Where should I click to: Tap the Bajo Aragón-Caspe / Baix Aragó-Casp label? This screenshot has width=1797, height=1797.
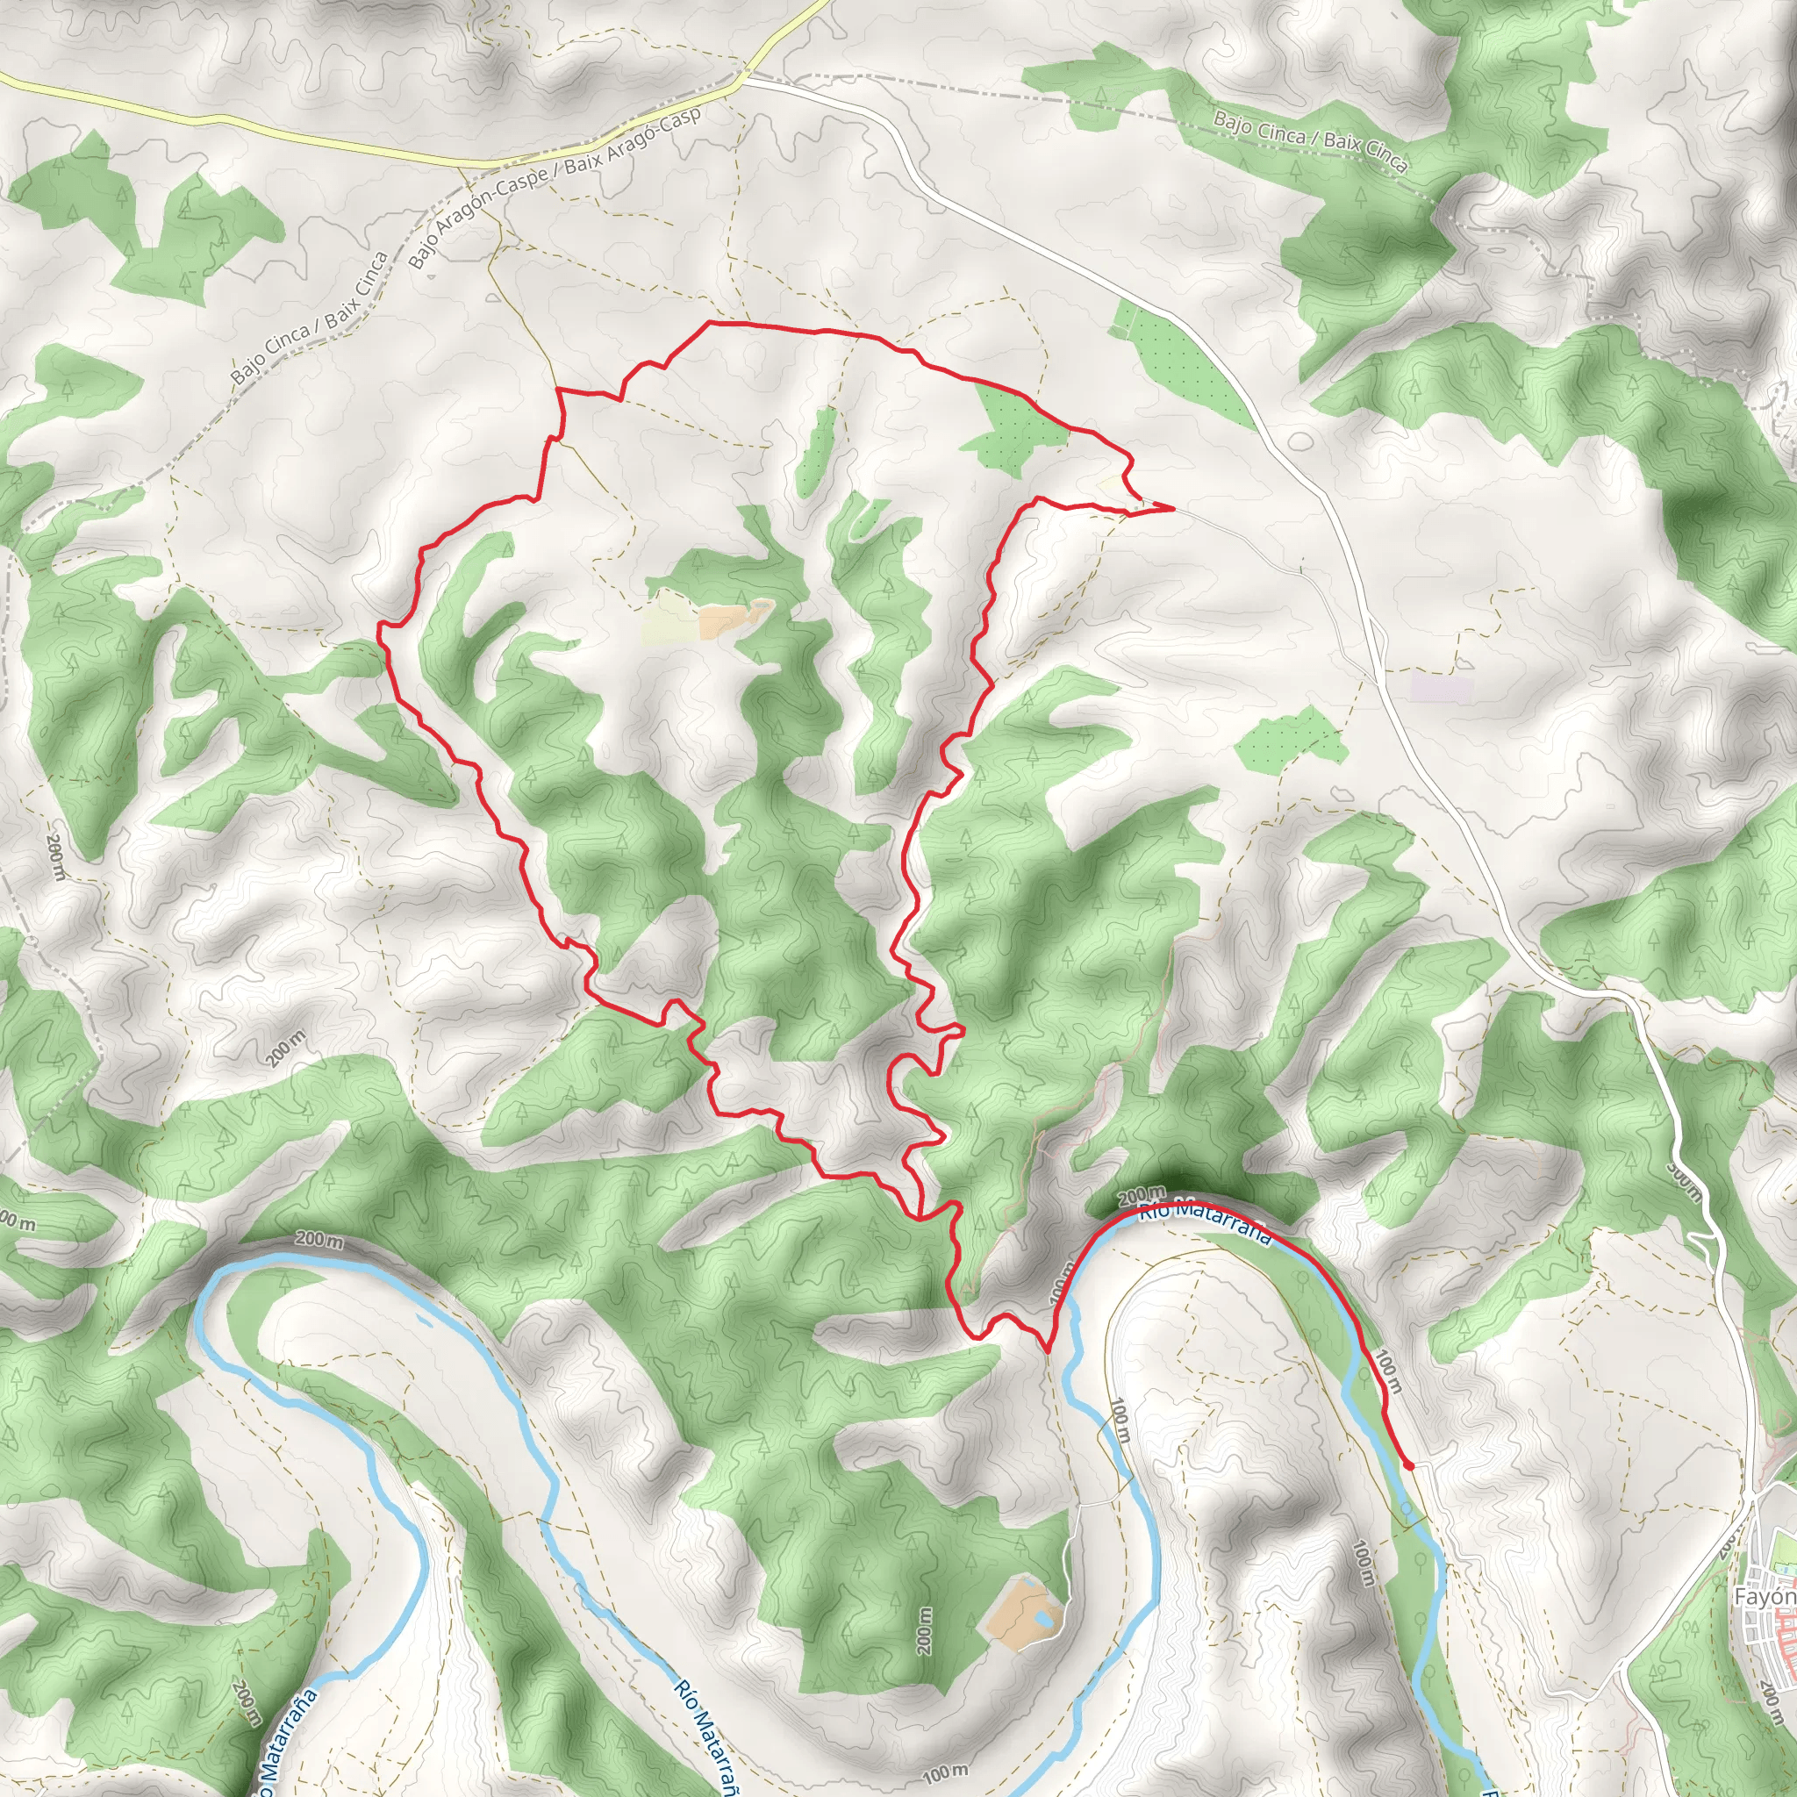click(555, 189)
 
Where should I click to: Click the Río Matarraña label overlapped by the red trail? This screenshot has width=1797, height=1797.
click(1205, 1221)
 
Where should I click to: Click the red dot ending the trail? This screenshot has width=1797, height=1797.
click(1409, 1466)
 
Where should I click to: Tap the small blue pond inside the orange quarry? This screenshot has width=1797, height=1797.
click(1048, 1621)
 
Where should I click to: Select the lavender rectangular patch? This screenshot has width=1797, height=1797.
click(1442, 689)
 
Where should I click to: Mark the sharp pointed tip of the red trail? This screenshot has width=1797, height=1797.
click(1172, 509)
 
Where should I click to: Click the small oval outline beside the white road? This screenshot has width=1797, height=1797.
click(1300, 439)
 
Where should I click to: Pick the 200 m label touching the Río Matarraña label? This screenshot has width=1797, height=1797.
click(1141, 1194)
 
